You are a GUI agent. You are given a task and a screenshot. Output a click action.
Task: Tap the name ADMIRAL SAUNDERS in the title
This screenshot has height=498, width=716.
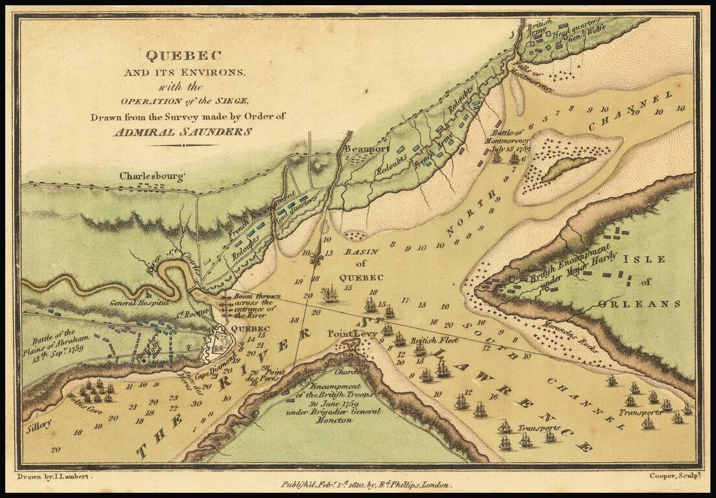coord(183,131)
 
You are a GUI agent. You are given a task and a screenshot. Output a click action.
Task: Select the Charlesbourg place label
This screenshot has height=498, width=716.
coord(153,176)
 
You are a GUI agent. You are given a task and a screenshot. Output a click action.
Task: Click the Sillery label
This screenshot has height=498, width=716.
coord(38,429)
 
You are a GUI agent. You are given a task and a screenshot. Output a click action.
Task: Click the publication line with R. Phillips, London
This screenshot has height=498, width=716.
coord(367,484)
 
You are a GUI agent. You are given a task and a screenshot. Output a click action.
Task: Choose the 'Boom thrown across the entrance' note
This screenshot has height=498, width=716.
coord(254,306)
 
